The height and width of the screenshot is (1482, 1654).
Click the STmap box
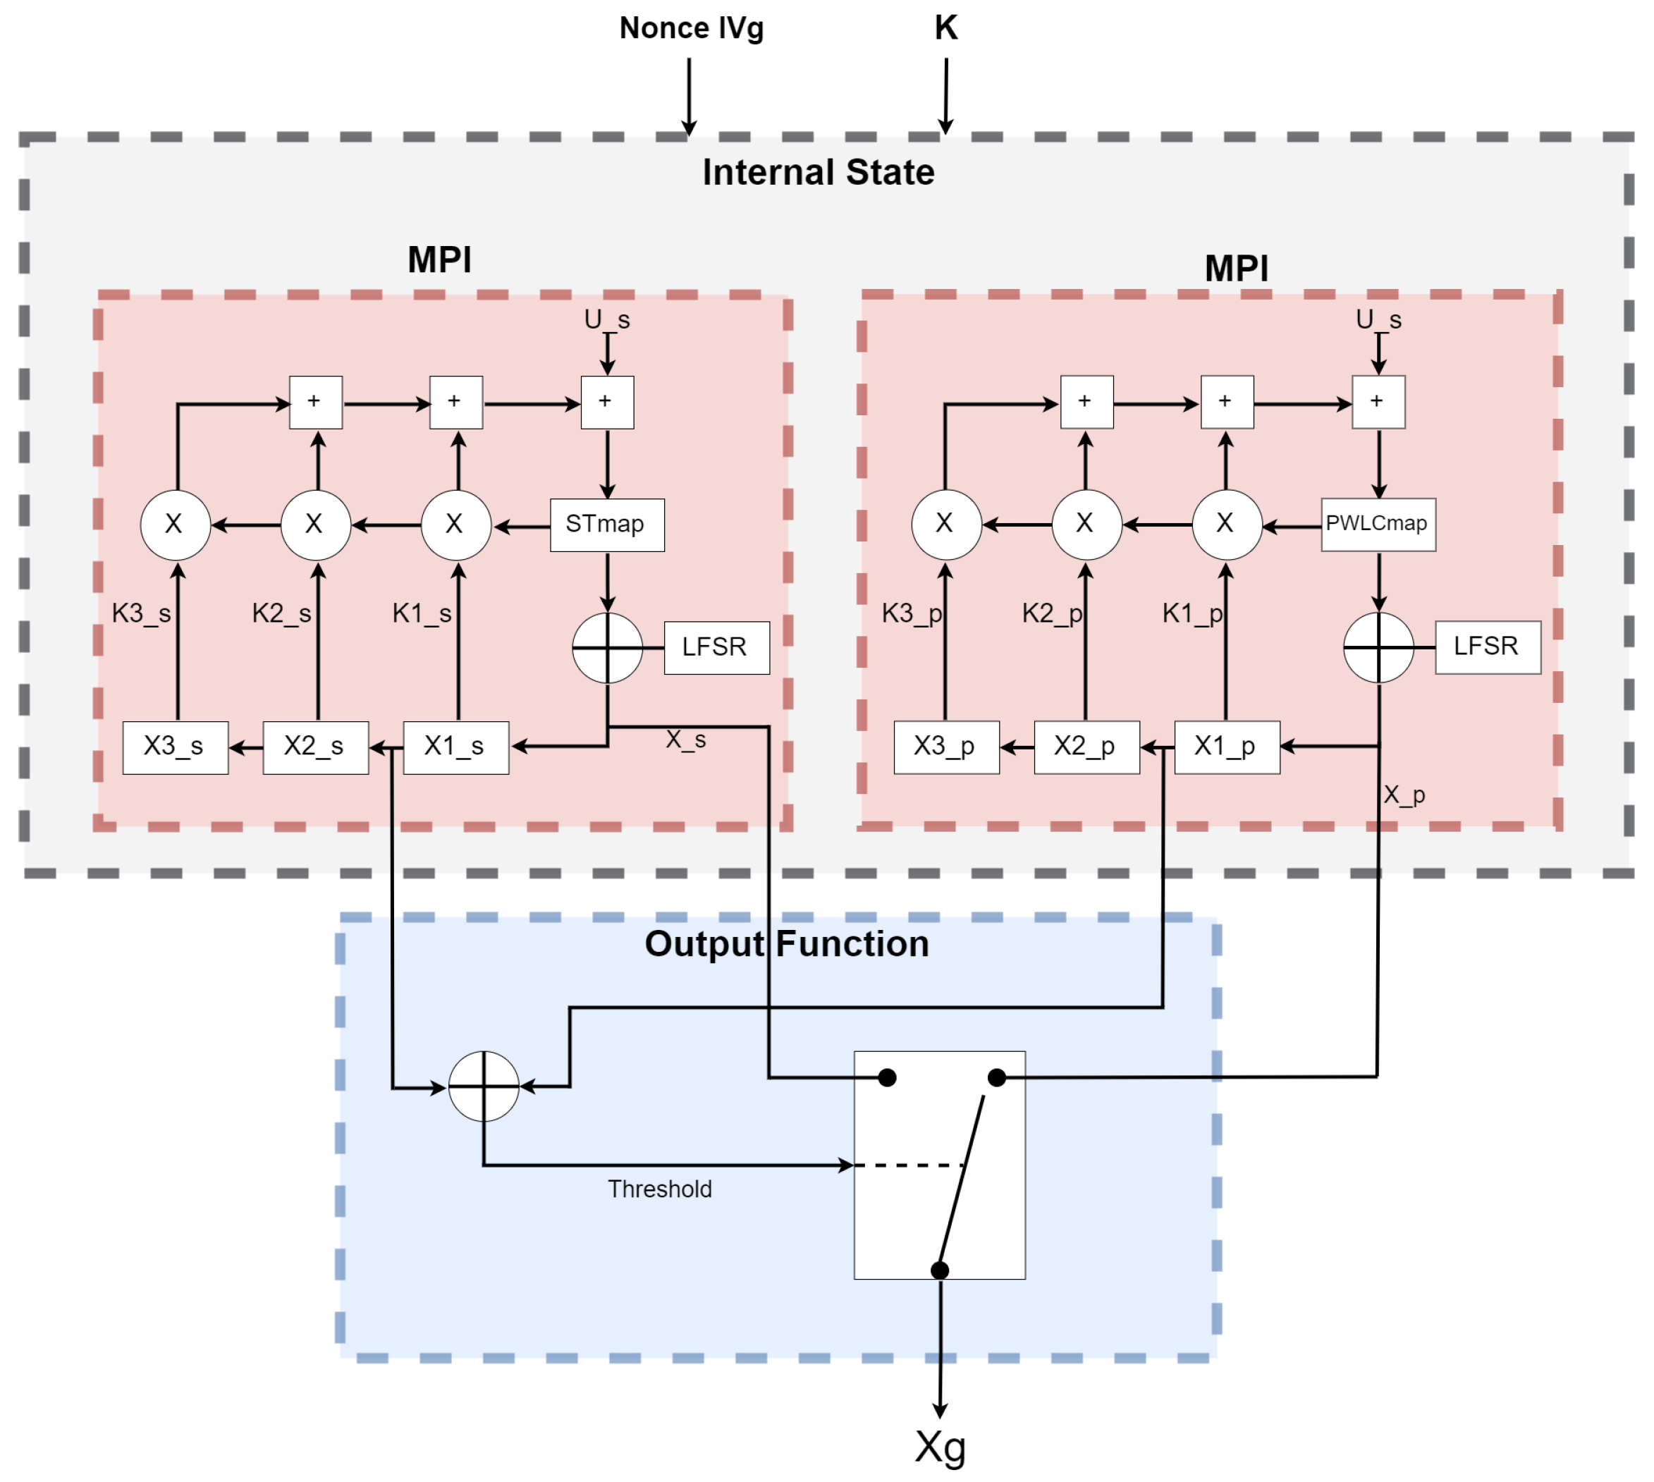coord(607,525)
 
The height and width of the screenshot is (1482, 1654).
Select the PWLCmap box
coord(1377,525)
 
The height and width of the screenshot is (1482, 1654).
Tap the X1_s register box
coord(455,747)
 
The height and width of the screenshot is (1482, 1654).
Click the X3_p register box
coord(945,747)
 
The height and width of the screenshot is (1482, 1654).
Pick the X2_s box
coord(315,747)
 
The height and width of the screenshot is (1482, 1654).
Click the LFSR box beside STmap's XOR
coord(716,647)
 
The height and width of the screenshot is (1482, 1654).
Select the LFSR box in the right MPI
coord(1487,647)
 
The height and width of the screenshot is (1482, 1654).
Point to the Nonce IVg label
coord(692,28)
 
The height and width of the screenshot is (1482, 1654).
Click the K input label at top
coord(945,28)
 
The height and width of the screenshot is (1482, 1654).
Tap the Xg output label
coord(940,1447)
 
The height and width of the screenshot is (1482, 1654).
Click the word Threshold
coord(660,1189)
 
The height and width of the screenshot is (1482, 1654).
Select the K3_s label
coord(141,613)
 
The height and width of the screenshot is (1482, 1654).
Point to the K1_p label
coord(1192,613)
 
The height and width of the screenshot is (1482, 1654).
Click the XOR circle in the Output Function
coord(484,1086)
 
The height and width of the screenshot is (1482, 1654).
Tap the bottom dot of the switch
coord(940,1270)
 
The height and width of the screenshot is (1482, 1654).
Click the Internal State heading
coord(819,173)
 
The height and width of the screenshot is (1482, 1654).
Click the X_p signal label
coord(1404,795)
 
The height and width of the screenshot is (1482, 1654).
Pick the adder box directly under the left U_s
coord(607,403)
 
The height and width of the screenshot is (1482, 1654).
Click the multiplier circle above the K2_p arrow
coord(1086,525)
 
